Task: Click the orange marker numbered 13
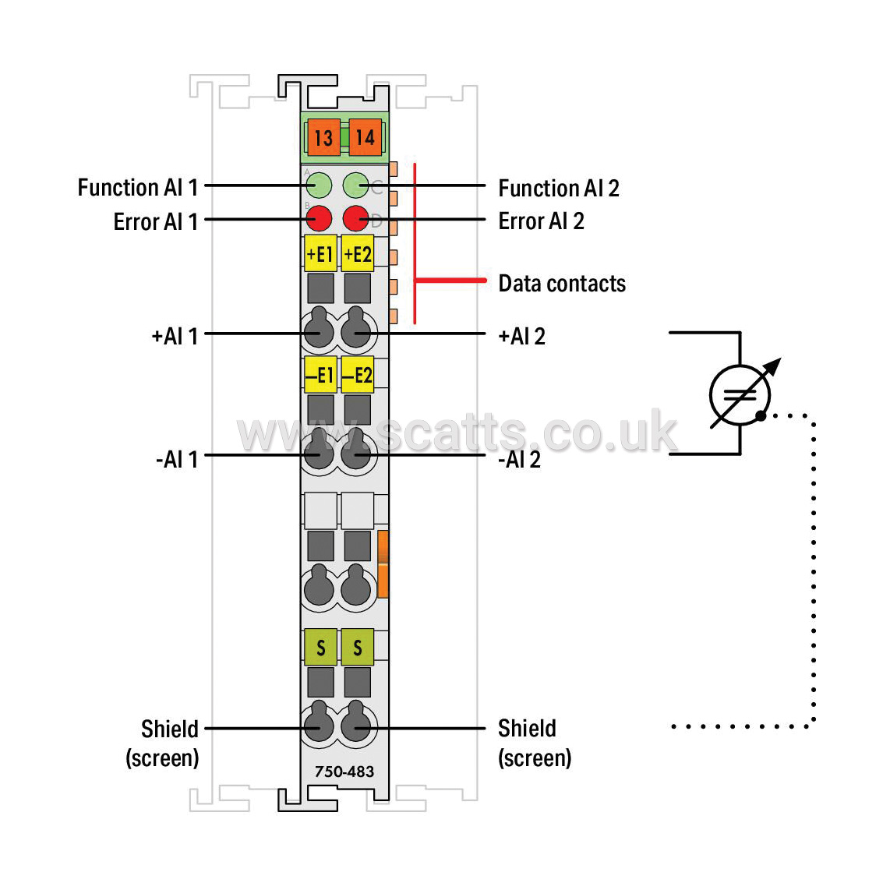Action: [323, 137]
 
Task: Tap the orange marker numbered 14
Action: [365, 137]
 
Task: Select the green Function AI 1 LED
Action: [319, 185]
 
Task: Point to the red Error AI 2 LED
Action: [356, 218]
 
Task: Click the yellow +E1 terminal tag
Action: [320, 254]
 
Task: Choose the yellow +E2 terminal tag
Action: [358, 254]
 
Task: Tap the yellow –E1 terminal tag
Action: [320, 375]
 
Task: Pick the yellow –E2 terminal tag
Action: [358, 375]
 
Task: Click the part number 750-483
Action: [344, 772]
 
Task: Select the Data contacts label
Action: [562, 283]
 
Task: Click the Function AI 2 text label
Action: [559, 188]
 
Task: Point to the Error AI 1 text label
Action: [156, 221]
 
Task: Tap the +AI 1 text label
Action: [175, 337]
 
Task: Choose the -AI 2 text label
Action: [519, 459]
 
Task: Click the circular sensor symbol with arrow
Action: [740, 395]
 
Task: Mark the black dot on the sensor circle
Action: [761, 416]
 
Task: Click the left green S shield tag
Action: [320, 647]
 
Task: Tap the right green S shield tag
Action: [358, 647]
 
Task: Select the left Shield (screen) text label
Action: [162, 743]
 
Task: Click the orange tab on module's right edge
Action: [383, 563]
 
